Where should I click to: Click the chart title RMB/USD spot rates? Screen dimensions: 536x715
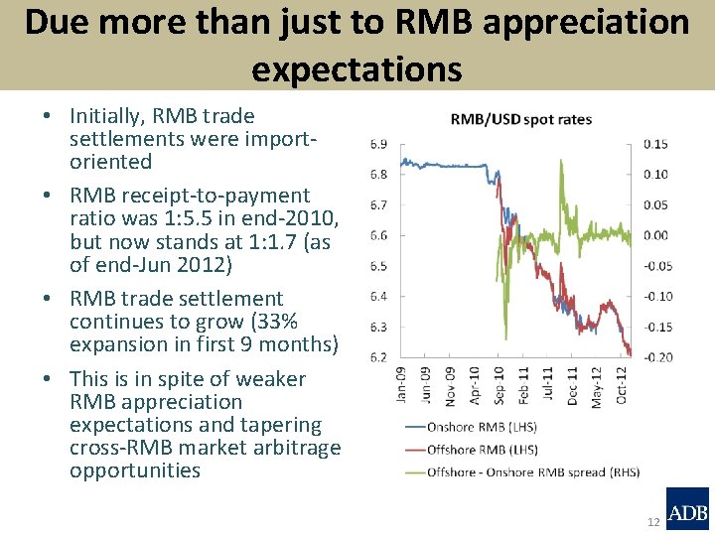520,119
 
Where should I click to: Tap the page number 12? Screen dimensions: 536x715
652,522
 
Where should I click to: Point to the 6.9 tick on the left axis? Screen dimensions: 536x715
378,144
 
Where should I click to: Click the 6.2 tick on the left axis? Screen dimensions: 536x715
378,356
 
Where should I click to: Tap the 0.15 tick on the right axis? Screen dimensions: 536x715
655,144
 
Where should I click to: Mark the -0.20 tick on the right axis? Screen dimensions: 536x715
656,356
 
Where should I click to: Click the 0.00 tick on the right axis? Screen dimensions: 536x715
655,235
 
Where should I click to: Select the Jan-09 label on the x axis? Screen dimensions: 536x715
402,382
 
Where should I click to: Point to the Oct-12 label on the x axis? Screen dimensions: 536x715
620,382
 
